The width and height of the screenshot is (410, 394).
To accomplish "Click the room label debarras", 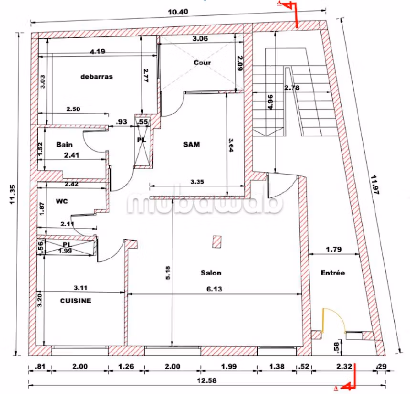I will point(96,76).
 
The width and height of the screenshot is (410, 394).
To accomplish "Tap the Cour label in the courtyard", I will point(202,63).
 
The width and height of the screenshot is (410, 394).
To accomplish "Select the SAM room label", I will point(191,144).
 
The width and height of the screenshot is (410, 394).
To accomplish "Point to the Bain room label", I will point(64,144).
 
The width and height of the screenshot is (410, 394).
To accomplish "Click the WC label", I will point(62,201).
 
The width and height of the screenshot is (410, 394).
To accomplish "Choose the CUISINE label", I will point(75,300).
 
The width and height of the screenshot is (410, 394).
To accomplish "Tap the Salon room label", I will point(210,273).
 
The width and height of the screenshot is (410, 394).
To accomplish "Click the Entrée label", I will point(332,273).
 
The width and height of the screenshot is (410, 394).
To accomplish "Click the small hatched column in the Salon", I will point(217,242).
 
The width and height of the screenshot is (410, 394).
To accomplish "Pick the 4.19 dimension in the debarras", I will point(98,52).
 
